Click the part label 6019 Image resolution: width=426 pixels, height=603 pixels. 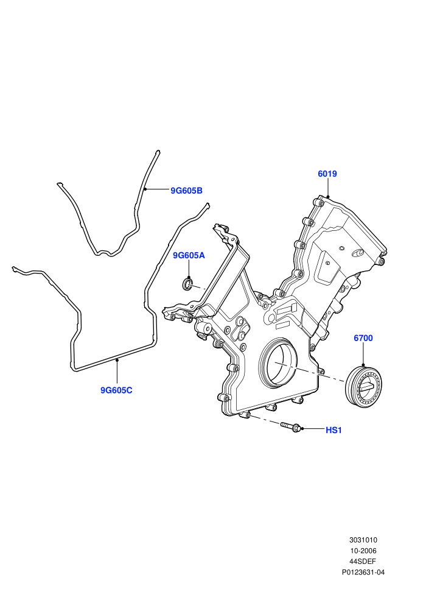[327, 174]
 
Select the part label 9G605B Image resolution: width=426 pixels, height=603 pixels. [186, 191]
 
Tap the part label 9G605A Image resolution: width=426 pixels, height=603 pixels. [189, 255]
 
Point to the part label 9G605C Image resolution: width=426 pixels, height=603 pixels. [116, 390]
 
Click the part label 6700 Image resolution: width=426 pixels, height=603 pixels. [363, 338]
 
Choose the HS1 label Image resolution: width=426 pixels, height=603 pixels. [333, 431]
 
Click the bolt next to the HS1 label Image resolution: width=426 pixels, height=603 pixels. [291, 426]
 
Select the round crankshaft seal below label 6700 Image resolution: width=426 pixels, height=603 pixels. [364, 385]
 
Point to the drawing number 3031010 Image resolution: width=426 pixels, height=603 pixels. [363, 540]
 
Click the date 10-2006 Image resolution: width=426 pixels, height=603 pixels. [363, 551]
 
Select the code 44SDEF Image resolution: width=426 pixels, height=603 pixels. [363, 562]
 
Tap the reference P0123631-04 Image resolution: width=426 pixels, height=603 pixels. [363, 572]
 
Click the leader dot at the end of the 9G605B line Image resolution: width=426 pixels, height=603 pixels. [145, 189]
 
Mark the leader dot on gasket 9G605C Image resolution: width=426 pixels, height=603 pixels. [117, 360]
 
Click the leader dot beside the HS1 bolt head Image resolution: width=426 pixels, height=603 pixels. [302, 428]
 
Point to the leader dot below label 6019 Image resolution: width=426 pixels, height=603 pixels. [327, 197]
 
